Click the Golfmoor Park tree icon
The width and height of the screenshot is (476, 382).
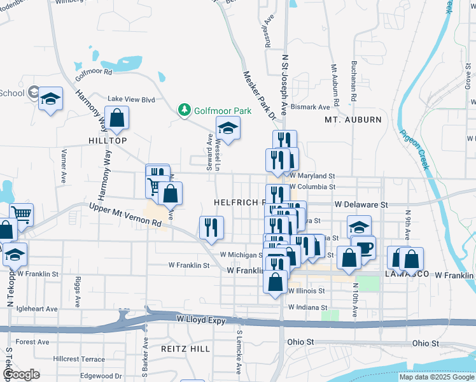pyautogui.click(x=185, y=110)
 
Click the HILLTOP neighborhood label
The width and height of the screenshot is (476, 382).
pyautogui.click(x=108, y=140)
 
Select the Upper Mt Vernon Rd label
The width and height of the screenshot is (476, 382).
pyautogui.click(x=125, y=215)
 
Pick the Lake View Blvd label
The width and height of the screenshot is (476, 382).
pyautogui.click(x=131, y=99)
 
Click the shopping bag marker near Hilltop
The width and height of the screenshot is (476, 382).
pyautogui.click(x=117, y=117)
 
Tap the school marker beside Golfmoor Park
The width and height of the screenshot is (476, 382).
pyautogui.click(x=228, y=128)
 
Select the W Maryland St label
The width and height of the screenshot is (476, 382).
pyautogui.click(x=312, y=176)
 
